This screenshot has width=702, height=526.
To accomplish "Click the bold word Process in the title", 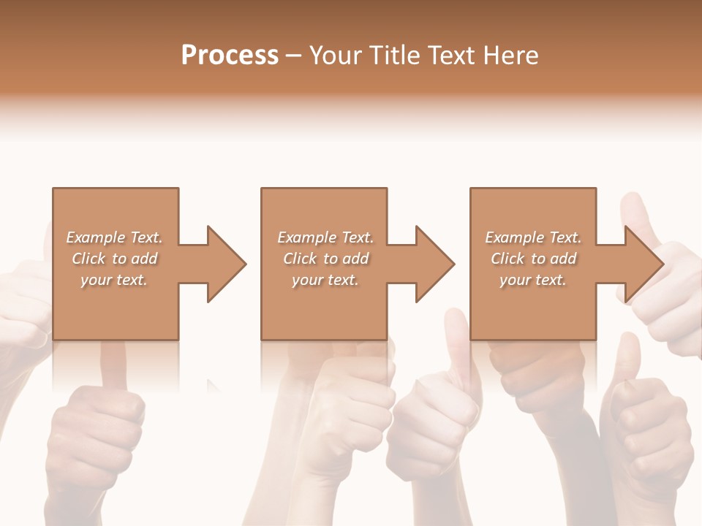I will coord(230,56).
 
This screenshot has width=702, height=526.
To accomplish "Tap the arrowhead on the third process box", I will coord(643,264).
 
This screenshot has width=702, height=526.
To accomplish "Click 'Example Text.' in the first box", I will coord(114,237).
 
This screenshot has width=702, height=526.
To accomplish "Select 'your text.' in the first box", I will coord(114,280).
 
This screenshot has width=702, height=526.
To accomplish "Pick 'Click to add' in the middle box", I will coord(325,259).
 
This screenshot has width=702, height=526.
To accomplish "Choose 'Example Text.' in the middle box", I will coord(325,237).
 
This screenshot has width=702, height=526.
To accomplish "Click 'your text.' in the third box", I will coord(533,280).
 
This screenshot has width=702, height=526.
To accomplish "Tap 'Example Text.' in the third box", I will coord(533,237).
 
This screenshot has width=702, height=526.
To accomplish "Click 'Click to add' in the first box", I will coord(114,259).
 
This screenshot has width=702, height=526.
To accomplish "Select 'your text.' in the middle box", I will coord(325,280).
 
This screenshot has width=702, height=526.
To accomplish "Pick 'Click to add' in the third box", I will coord(533,259).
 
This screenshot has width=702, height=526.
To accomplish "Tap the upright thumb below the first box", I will coord(113,365).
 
